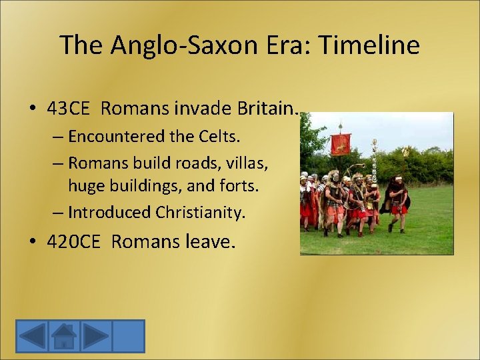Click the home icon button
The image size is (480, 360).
point(64,335)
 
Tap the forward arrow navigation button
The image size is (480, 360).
point(96,335)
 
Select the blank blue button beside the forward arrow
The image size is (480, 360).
point(128,335)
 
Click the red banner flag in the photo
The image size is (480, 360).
point(340,143)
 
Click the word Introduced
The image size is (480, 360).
point(109,212)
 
